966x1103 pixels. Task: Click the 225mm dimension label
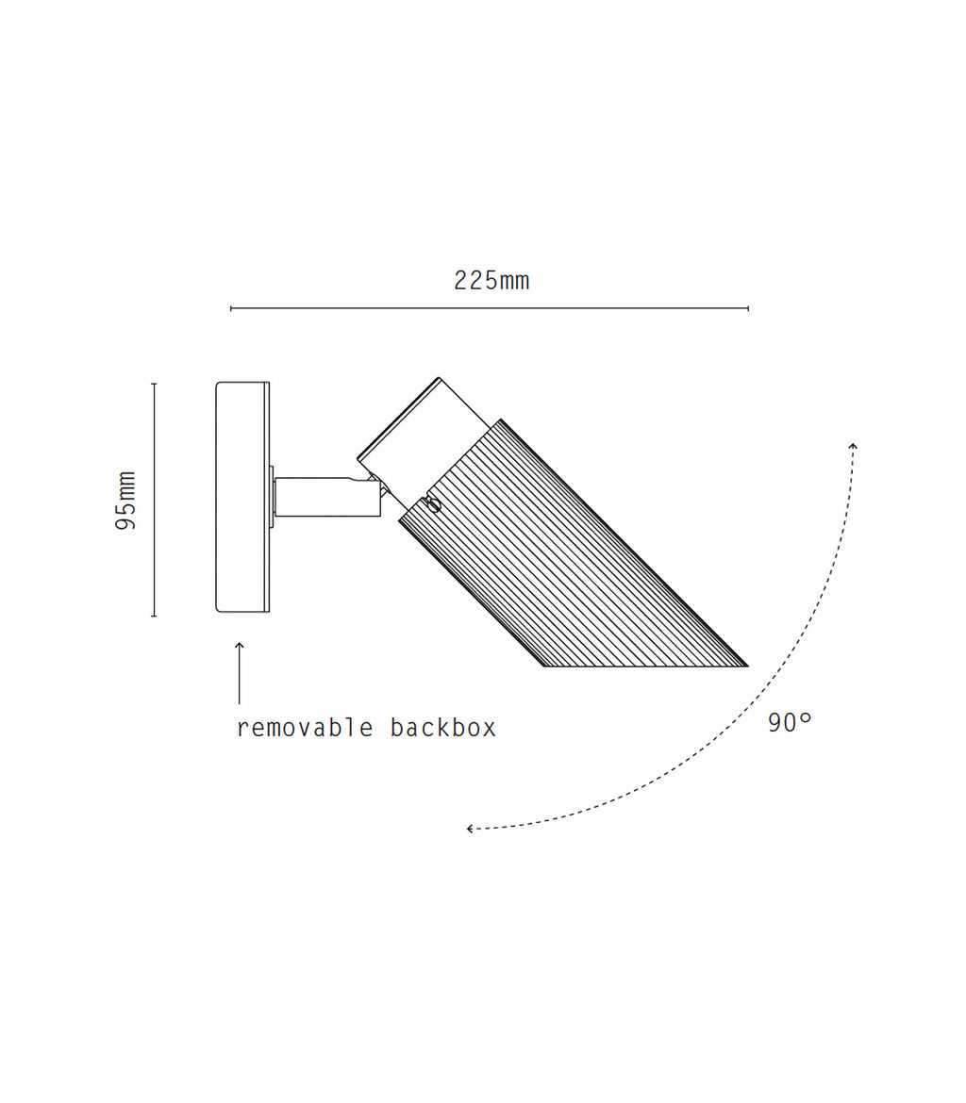[491, 281]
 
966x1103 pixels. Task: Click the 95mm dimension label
[126, 501]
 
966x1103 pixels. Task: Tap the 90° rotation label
[790, 722]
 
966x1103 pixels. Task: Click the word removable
[305, 728]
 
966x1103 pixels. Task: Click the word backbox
[443, 728]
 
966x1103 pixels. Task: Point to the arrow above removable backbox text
[240, 672]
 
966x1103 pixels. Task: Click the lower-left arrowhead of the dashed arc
[471, 829]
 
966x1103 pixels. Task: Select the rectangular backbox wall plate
[242, 497]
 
